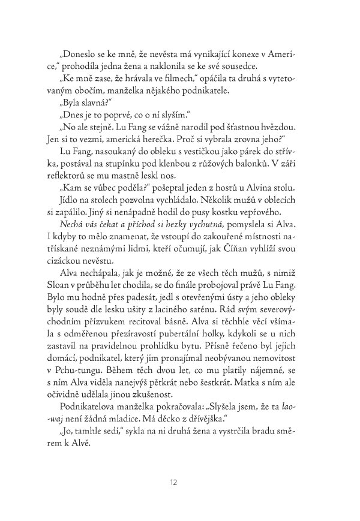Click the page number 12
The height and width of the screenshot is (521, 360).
click(x=173, y=480)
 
